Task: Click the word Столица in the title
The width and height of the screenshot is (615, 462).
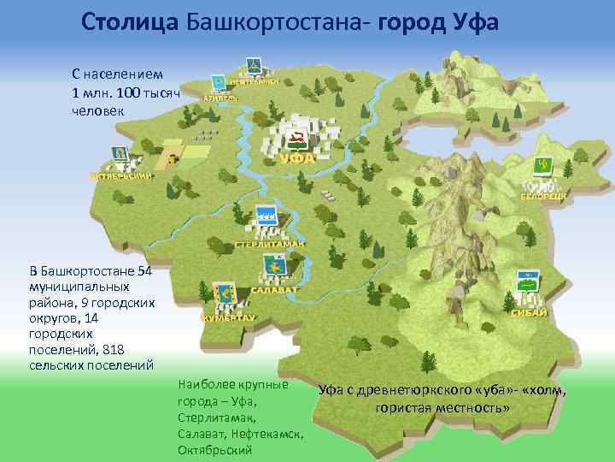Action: coord(129,21)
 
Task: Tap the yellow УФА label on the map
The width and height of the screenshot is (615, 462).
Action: coord(297,158)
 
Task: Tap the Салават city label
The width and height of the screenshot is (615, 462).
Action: coord(274,290)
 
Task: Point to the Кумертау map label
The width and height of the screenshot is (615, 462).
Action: coord(228,317)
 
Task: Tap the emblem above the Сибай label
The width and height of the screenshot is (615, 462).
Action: coord(527,283)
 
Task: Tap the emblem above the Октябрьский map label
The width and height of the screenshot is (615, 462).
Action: coord(120,154)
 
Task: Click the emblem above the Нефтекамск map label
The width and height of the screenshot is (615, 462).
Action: coord(253,65)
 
